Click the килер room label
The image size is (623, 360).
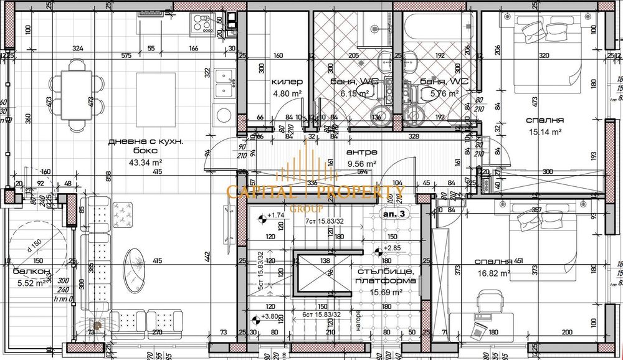pos(287,82)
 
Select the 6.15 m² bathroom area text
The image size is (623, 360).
pos(354,94)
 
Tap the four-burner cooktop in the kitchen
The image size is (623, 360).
pos(206,24)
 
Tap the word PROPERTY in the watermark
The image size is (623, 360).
pos(361,191)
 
